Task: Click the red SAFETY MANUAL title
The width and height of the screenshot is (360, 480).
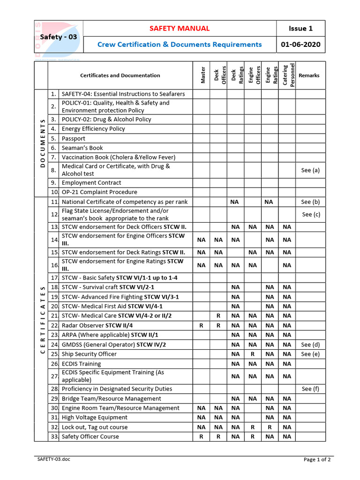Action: click(180, 29)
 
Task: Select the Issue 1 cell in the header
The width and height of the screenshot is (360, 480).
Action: click(300, 29)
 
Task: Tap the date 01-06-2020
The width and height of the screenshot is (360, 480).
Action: click(300, 45)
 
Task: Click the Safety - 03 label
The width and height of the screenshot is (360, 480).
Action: click(59, 37)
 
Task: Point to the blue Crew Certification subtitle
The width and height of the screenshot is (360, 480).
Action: click(180, 45)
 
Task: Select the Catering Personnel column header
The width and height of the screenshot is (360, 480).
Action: click(288, 75)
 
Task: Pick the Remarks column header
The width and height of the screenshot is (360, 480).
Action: click(309, 75)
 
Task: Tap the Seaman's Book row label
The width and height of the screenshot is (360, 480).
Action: click(82, 148)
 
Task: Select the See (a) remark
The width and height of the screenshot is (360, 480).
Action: click(310, 170)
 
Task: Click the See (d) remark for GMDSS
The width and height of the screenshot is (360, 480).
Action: click(310, 345)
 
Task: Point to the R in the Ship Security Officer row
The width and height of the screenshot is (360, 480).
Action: click(253, 354)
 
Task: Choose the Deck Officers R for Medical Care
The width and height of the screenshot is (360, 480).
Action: click(218, 316)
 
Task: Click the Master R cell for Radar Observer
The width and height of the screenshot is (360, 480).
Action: click(201, 325)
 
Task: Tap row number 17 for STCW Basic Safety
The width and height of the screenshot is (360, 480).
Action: click(54, 277)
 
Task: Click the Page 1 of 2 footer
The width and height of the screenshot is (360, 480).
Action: click(317, 459)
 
